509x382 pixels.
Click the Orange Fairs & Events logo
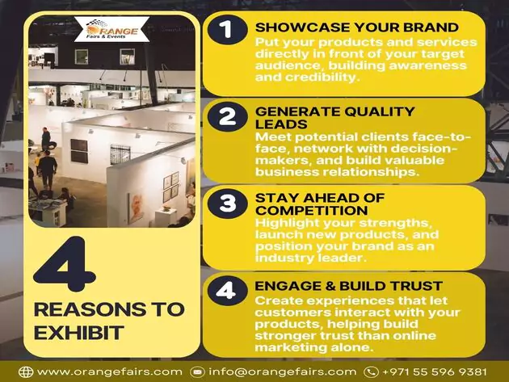coord(112,29)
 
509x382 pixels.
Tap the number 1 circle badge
coord(227,29)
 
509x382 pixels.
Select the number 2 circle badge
coord(227,116)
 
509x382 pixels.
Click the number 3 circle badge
coord(227,204)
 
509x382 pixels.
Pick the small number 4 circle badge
coord(227,291)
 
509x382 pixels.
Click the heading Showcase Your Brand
coord(357,27)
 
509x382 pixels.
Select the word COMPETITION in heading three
coord(312,210)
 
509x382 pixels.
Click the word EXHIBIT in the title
coord(79,333)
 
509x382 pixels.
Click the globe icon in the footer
coord(26,372)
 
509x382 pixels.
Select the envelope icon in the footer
coord(197,372)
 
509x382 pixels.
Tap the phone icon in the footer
coord(371,372)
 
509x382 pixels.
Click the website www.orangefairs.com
coord(110,372)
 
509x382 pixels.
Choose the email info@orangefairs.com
coord(283,372)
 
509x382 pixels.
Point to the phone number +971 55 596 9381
coord(435,372)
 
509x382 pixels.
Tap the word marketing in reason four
coord(290,347)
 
